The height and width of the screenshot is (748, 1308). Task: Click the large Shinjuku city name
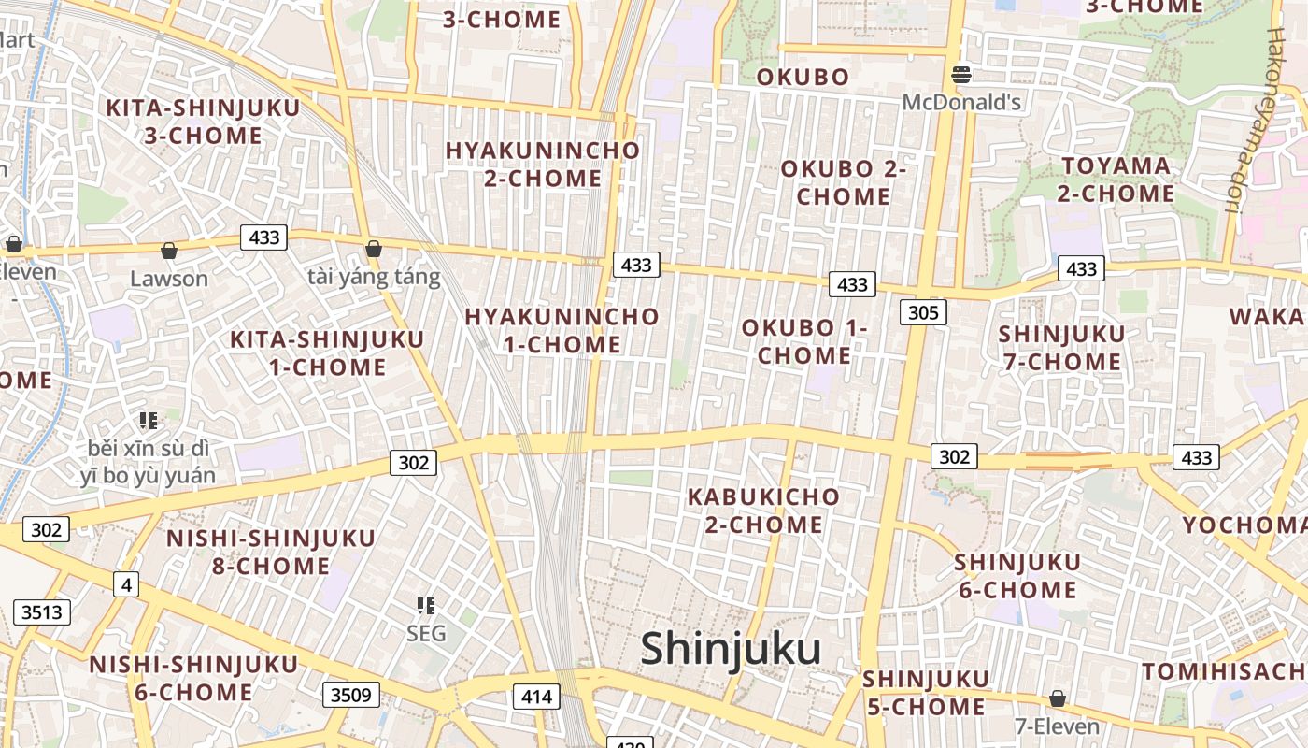point(731,649)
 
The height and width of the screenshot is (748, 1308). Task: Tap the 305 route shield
point(923,312)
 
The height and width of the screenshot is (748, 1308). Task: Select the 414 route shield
point(536,697)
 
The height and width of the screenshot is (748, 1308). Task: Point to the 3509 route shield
point(351,695)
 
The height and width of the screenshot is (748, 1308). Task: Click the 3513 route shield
point(42,612)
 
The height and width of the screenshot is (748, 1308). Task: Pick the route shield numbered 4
point(126,584)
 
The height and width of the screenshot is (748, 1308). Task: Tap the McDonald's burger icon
point(961,75)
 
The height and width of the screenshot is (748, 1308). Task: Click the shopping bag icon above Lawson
point(169,251)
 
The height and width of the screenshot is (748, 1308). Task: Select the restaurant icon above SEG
point(426,606)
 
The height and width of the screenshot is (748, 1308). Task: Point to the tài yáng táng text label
point(374,278)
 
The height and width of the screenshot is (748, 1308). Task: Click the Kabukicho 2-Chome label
point(763,511)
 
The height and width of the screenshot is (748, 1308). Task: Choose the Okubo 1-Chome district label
point(804,341)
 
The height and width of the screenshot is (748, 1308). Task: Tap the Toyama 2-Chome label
point(1116,180)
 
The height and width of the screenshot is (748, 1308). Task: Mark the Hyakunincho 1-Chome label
point(562,330)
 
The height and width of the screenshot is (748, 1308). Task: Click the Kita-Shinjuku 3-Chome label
point(203,122)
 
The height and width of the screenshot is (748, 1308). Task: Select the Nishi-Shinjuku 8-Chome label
point(270,552)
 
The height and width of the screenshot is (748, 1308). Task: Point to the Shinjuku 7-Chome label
point(1061,348)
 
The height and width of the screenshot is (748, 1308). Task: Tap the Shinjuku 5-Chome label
point(925,693)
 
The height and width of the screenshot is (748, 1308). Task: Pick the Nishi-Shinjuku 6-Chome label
point(193,679)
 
